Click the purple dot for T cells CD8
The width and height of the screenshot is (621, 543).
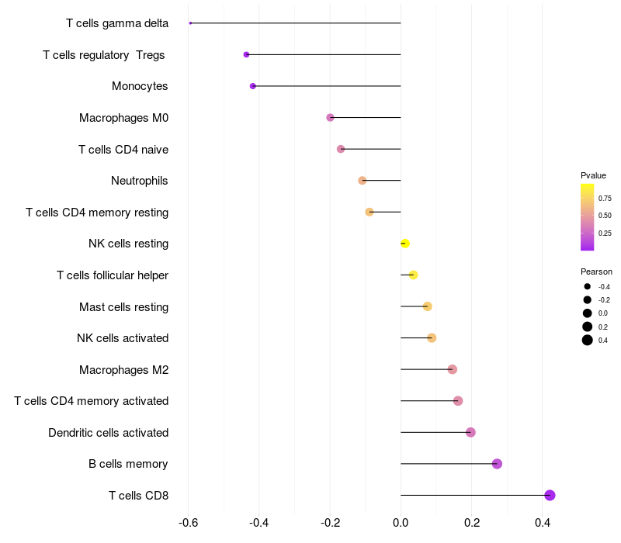[x=550, y=495]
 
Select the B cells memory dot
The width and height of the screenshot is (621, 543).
[x=497, y=464]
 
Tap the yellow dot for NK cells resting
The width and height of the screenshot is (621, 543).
[x=404, y=244]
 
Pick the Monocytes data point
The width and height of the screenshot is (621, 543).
[x=253, y=86]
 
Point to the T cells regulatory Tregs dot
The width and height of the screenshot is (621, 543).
[x=247, y=54]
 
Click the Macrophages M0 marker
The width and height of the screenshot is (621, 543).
[x=330, y=117]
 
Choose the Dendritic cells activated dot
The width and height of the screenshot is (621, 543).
[x=470, y=432]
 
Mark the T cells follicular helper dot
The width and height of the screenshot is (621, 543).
[x=413, y=275]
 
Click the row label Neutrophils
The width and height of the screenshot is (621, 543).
[x=140, y=181]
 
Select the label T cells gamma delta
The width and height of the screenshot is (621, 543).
[x=117, y=23]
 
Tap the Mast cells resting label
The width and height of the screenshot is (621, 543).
[x=123, y=306]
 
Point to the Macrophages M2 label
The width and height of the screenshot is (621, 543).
[x=123, y=369]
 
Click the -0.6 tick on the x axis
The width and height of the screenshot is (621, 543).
[x=188, y=523]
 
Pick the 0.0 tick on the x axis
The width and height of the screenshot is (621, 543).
[x=401, y=523]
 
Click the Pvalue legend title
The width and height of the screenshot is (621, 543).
[x=594, y=175]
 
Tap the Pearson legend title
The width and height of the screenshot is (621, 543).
[x=596, y=271]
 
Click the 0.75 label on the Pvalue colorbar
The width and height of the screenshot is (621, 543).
[x=605, y=198]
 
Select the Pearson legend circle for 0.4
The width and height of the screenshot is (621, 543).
[x=588, y=340]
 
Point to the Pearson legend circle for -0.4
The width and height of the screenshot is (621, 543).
[x=588, y=286]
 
